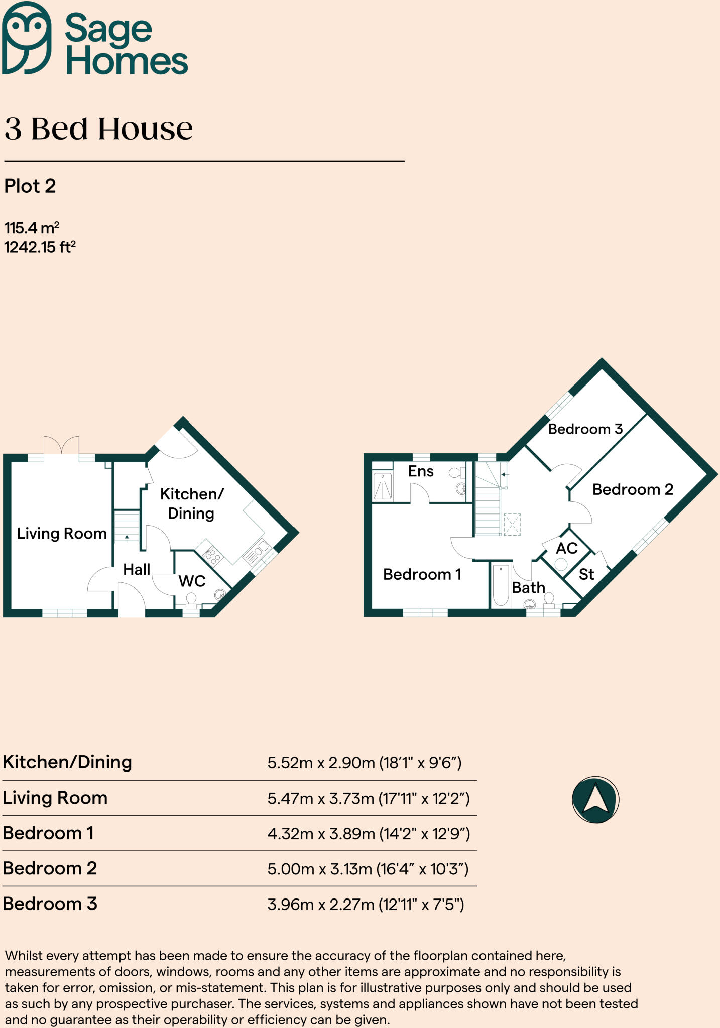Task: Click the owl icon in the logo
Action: (x=26, y=38)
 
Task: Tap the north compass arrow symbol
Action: (x=595, y=799)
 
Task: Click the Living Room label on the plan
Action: (x=62, y=533)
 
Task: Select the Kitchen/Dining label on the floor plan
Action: (x=191, y=503)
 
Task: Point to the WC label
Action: (x=192, y=581)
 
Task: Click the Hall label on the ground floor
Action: (x=137, y=569)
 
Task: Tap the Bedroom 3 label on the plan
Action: (x=585, y=429)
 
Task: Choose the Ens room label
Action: (x=421, y=471)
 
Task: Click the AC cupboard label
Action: (x=566, y=548)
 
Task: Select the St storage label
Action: (x=586, y=574)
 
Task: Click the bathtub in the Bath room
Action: (x=501, y=585)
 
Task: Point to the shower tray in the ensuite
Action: (x=383, y=486)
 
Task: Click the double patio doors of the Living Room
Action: (x=62, y=445)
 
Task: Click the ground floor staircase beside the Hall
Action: (x=127, y=526)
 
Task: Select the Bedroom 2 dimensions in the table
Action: (x=368, y=869)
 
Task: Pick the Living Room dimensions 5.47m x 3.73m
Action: (x=368, y=798)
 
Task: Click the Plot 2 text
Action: (x=30, y=186)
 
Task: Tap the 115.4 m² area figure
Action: (x=32, y=228)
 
